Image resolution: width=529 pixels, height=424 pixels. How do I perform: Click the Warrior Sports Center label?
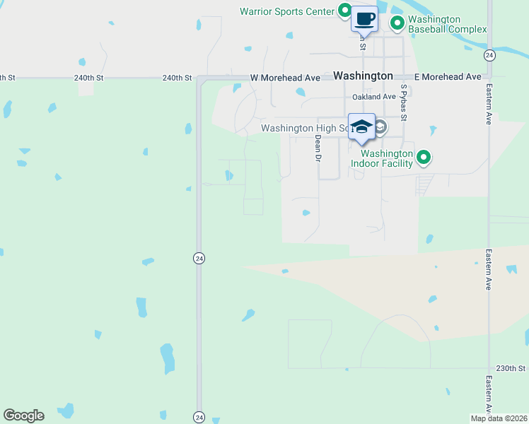(286, 11)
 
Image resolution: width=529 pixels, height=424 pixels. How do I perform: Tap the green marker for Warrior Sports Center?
(344, 11)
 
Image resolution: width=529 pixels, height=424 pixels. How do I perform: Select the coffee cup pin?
(365, 19)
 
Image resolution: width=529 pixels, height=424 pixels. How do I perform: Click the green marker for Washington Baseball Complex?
(397, 24)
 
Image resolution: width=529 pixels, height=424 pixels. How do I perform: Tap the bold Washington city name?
(362, 76)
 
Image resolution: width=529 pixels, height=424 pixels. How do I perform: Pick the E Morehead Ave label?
(448, 76)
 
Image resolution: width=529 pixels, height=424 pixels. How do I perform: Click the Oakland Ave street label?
(374, 97)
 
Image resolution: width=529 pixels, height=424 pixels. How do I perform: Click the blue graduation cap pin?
(361, 126)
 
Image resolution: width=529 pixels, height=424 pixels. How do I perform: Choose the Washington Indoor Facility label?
(386, 158)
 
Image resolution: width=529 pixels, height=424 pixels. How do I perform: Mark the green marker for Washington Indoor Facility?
(424, 157)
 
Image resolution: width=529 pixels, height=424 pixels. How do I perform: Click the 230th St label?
(511, 368)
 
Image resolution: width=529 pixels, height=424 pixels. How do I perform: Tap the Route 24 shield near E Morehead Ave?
(489, 55)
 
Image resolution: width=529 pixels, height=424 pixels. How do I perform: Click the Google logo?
(23, 416)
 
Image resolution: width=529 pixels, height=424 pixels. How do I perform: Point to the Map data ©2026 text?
(499, 418)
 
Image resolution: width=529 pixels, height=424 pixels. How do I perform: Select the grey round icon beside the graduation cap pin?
(380, 128)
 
